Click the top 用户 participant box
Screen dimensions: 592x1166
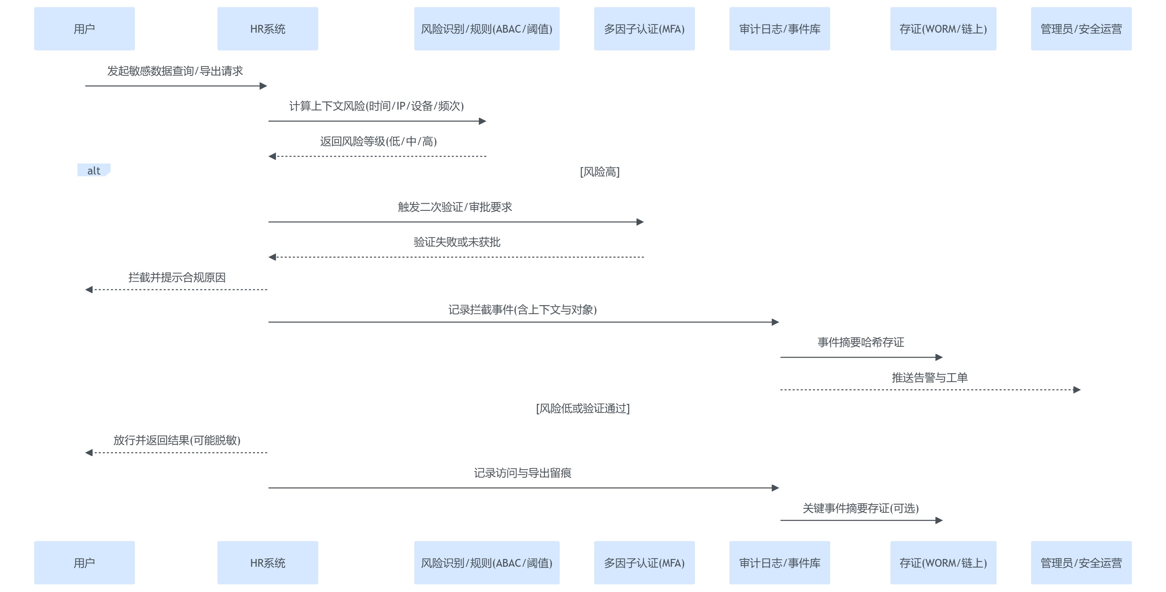(x=84, y=28)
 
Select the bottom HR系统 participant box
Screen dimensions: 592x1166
(x=267, y=562)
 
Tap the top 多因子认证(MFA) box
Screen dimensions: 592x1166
(x=644, y=28)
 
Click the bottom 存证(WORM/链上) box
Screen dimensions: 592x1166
(x=943, y=562)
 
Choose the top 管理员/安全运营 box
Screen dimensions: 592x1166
(x=1081, y=28)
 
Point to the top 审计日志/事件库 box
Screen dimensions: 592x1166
(x=779, y=28)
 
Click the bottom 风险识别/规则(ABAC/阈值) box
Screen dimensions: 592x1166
(x=487, y=562)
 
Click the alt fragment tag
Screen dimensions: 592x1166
(x=94, y=170)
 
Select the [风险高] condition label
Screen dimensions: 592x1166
(x=600, y=171)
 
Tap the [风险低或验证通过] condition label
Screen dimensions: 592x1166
(x=583, y=408)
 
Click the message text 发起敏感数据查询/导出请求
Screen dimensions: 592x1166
(x=175, y=71)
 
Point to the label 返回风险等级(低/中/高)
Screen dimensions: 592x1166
(x=379, y=141)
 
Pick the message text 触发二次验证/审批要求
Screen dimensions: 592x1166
(x=455, y=207)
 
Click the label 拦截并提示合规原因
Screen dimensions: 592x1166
(x=177, y=277)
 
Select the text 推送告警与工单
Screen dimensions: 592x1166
(x=929, y=377)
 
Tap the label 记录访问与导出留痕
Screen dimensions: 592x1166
(x=523, y=473)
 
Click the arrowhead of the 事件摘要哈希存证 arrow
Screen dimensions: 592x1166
(x=939, y=357)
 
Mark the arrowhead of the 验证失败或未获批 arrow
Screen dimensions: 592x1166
(x=272, y=257)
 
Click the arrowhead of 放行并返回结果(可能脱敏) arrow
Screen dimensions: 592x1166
(x=89, y=452)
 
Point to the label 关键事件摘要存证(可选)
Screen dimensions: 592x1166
(x=861, y=508)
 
